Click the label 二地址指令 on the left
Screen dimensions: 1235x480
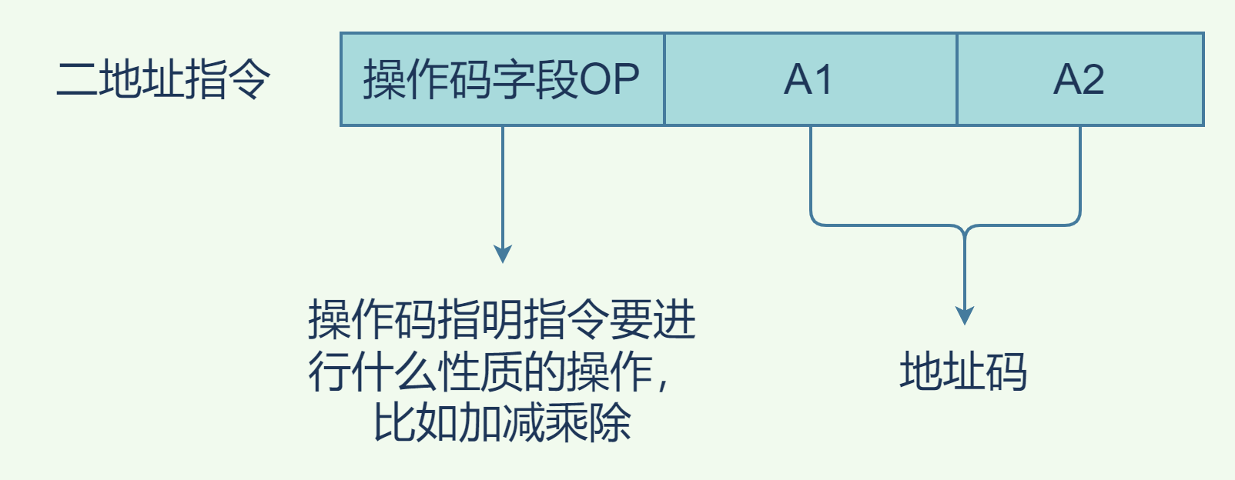click(163, 79)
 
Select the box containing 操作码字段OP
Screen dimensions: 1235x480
click(502, 79)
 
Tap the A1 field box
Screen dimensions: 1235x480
click(810, 79)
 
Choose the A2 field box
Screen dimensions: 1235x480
click(1079, 79)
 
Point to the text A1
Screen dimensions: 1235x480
click(808, 79)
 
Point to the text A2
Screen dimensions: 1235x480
click(1079, 79)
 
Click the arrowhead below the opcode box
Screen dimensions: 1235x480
click(503, 254)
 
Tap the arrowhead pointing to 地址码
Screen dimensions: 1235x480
click(965, 315)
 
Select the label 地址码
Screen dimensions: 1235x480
click(963, 372)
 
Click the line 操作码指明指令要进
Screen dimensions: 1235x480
click(502, 320)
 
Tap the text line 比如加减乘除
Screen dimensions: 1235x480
click(502, 422)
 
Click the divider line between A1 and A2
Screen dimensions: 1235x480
click(957, 79)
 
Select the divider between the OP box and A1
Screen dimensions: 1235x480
click(664, 79)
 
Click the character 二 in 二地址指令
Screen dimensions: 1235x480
click(77, 79)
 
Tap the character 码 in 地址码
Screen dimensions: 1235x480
click(1006, 372)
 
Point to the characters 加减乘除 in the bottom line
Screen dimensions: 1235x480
click(545, 422)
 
